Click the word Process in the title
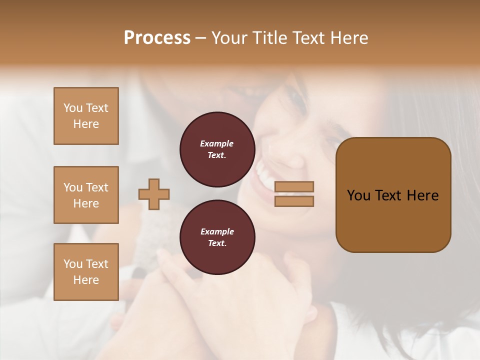pos(157,38)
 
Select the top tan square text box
pos(86,116)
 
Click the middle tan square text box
pos(86,195)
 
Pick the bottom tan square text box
pos(86,272)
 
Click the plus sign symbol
pos(154,194)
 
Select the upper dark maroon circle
pos(217,149)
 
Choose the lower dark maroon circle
pos(217,237)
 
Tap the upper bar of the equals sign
pos(294,186)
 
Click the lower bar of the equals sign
pos(294,201)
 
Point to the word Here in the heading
pos(349,38)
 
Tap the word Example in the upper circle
pos(217,143)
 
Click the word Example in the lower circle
pos(217,231)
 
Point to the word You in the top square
pos(73,108)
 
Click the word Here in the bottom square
pos(86,280)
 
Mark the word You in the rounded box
pos(358,195)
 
